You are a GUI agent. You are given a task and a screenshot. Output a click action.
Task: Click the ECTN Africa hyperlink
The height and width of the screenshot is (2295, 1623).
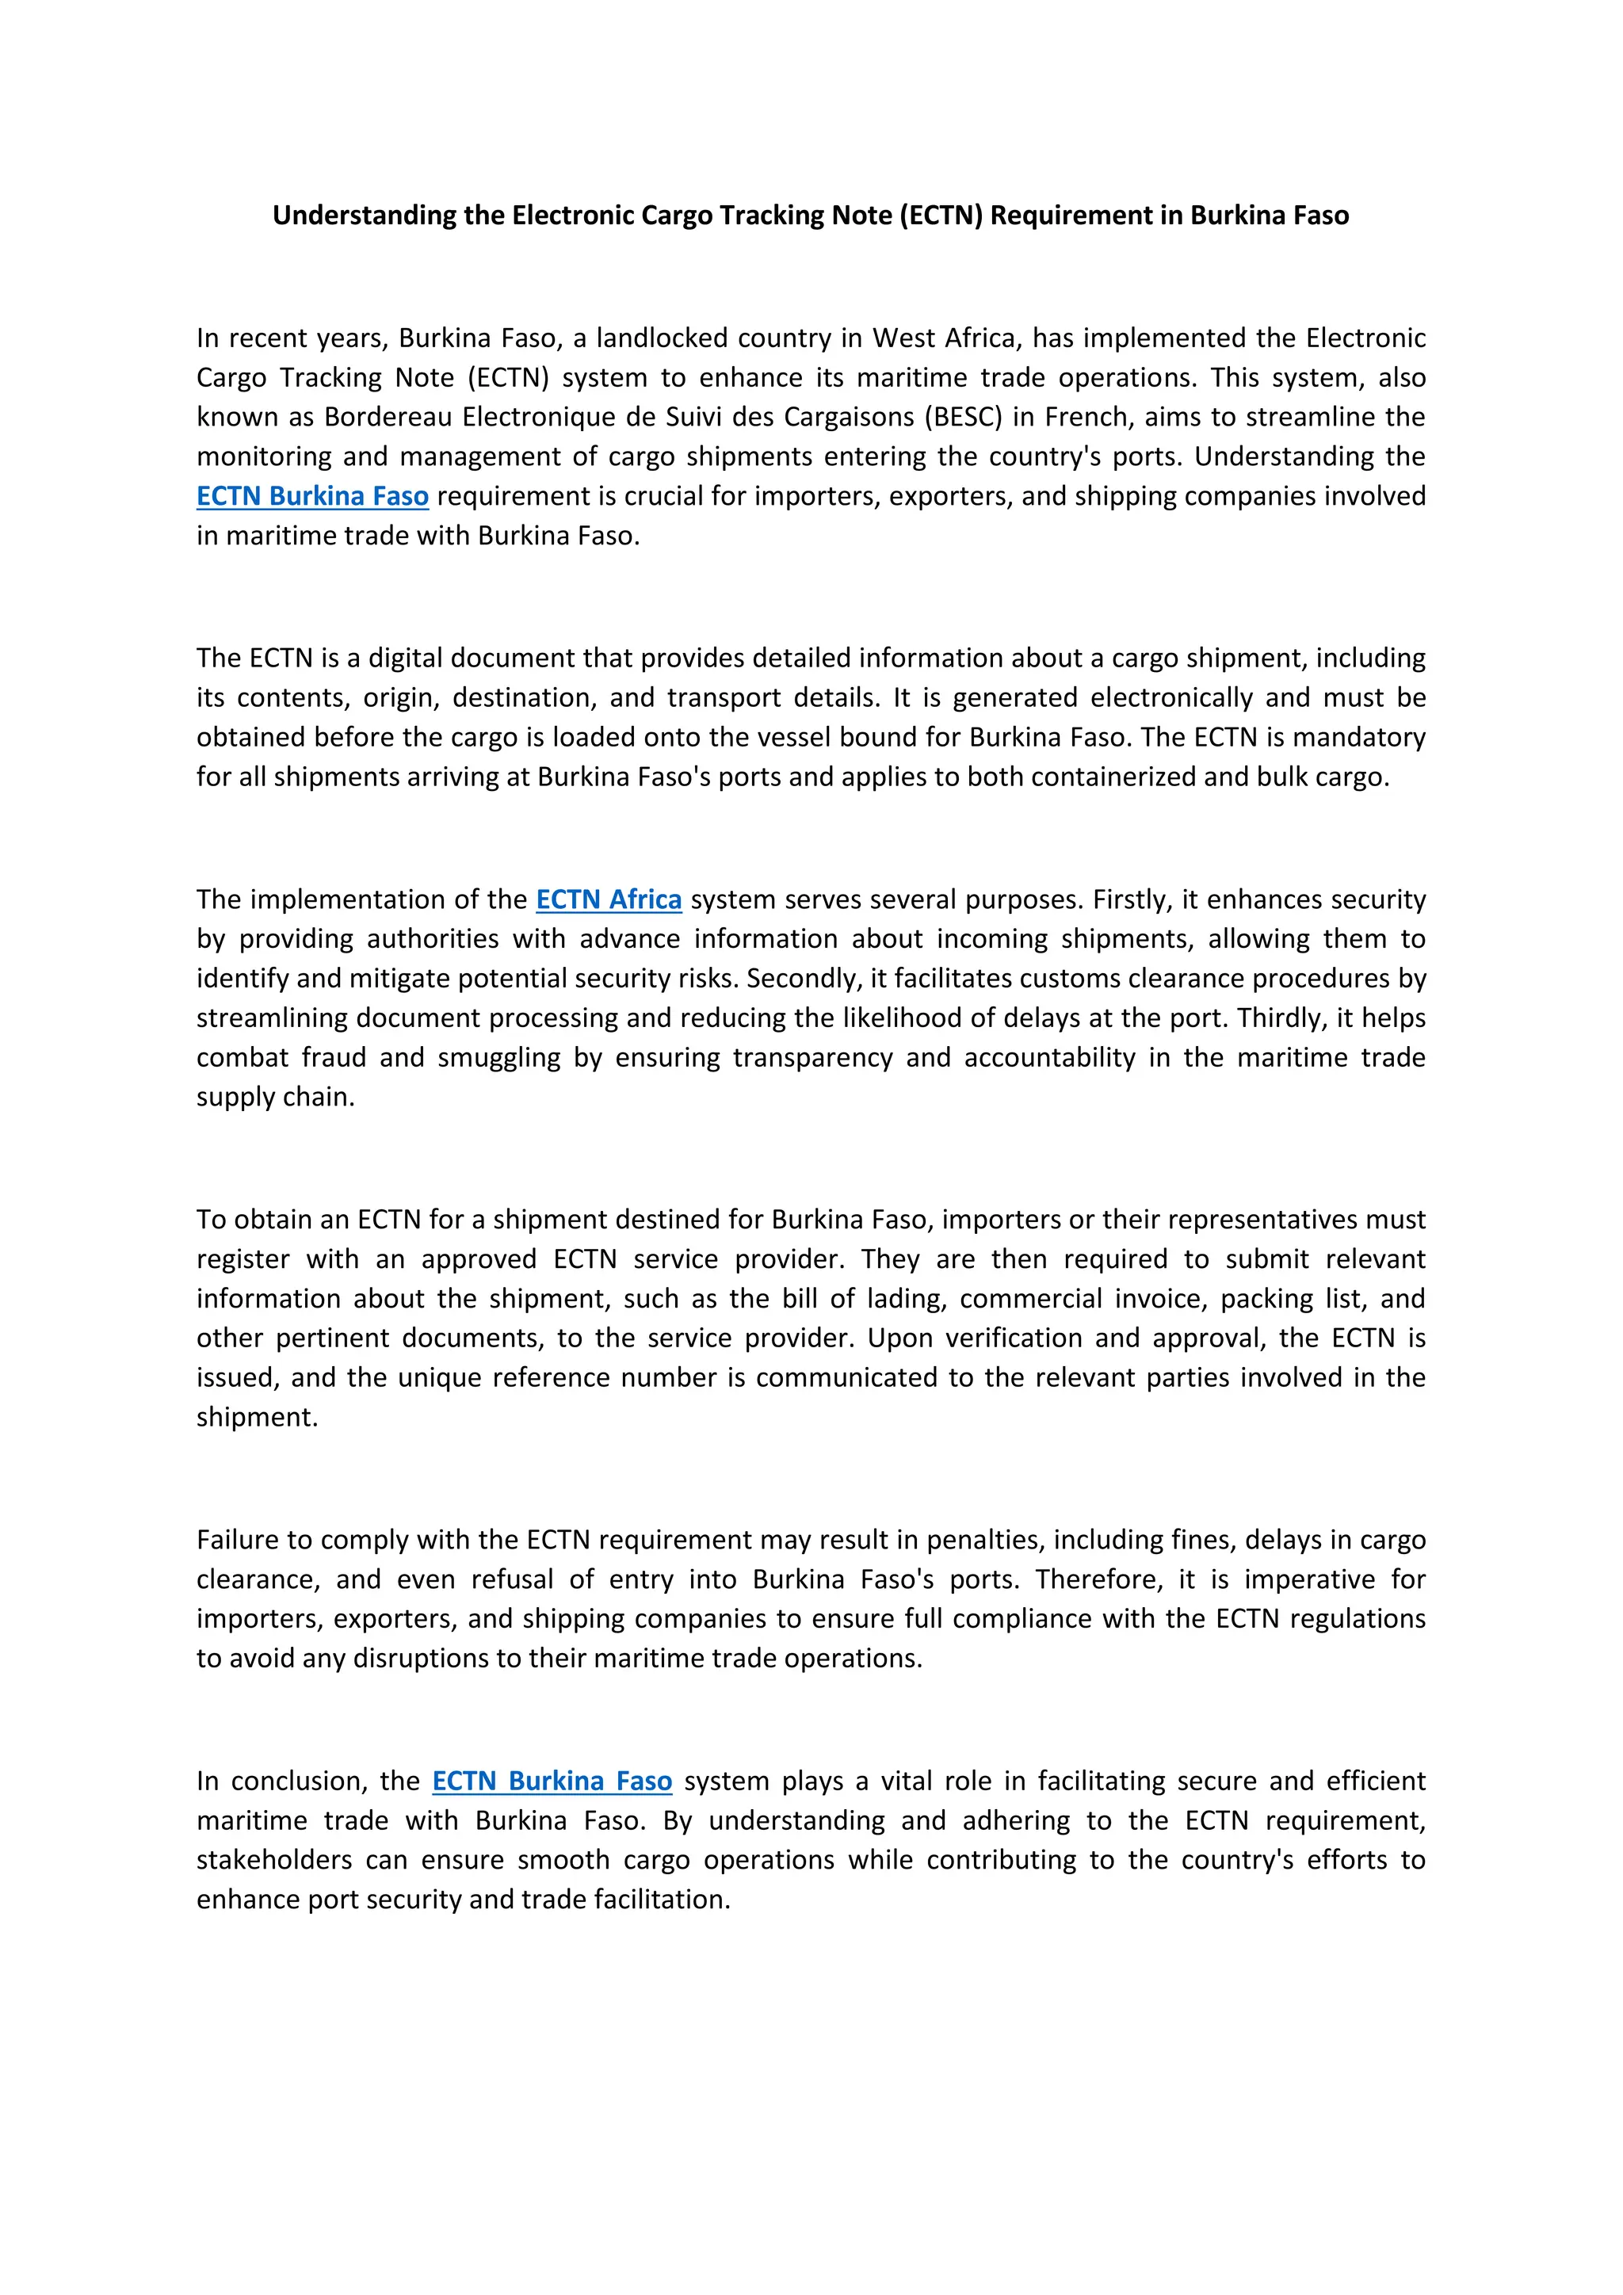tap(609, 899)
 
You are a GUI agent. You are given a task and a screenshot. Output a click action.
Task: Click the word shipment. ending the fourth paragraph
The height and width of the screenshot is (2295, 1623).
tap(257, 1418)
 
